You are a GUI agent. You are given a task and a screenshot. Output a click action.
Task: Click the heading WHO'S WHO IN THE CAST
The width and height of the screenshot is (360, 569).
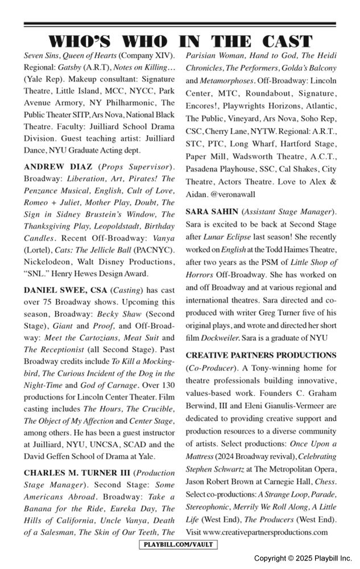180,42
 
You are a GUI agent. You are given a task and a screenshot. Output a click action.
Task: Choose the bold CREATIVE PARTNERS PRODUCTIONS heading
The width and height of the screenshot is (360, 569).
261,355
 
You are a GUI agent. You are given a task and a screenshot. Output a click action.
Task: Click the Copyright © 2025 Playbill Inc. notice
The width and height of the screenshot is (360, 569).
303,558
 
